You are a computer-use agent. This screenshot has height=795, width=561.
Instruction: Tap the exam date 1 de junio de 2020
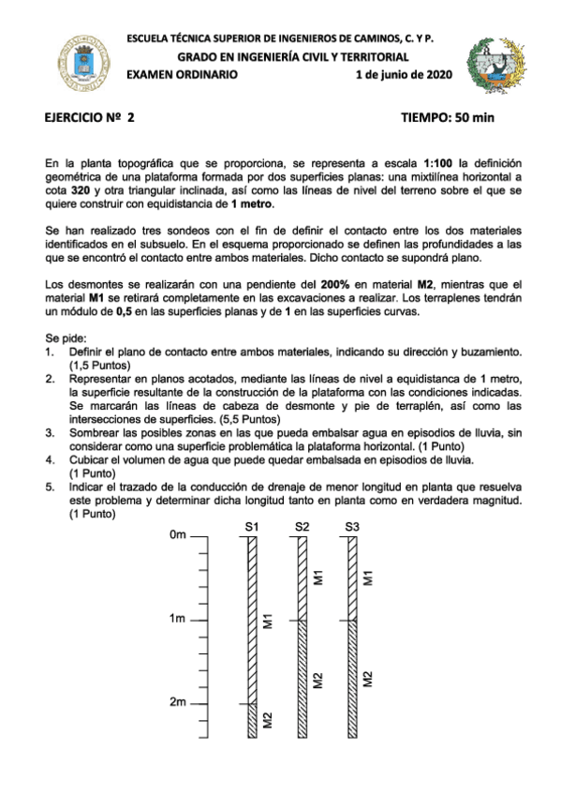404,74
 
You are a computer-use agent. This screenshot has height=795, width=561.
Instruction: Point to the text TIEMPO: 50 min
447,118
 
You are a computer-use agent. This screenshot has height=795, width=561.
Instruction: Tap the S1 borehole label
251,527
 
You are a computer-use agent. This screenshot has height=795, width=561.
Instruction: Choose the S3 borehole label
351,527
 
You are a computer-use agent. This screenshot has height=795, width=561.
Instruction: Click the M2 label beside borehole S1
268,720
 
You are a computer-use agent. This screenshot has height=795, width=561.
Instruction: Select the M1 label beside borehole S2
318,577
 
